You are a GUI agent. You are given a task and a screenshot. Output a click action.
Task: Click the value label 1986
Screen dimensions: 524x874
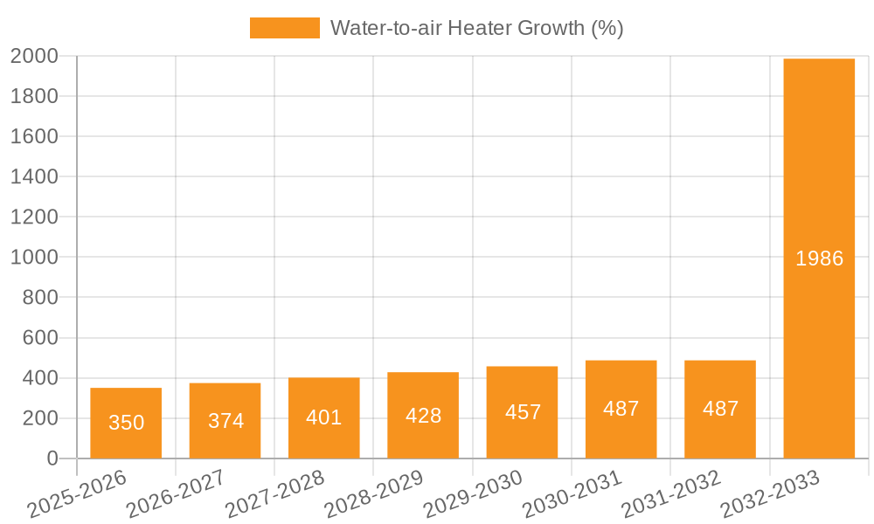tap(819, 259)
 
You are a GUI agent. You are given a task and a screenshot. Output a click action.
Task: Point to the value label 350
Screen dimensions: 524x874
tap(126, 423)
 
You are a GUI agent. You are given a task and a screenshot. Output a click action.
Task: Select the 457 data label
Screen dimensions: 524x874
tap(523, 412)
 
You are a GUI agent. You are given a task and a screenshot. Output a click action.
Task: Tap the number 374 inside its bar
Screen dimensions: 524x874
tap(225, 421)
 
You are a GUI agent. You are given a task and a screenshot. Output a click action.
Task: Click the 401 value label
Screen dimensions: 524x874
tap(324, 417)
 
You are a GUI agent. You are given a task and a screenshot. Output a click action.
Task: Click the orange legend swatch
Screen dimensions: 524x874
tap(285, 28)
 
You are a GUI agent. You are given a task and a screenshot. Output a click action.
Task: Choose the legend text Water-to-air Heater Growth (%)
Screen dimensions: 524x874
tap(476, 28)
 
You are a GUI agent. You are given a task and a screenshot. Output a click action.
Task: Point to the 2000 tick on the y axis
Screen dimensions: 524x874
tap(34, 56)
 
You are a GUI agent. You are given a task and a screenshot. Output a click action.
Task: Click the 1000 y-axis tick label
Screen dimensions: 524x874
tap(34, 258)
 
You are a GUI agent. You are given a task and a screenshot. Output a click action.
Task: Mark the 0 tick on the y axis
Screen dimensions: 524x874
tap(52, 458)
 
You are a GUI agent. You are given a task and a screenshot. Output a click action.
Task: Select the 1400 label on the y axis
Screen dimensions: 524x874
tap(34, 177)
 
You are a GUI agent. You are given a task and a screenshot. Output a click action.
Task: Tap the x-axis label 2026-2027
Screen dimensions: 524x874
tap(176, 494)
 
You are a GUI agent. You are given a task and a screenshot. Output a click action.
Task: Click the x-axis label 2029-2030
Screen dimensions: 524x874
tap(473, 494)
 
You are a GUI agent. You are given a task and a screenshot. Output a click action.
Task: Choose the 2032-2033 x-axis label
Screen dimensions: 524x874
tap(770, 494)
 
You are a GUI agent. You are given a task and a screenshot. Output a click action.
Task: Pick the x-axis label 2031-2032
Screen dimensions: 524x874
tap(671, 494)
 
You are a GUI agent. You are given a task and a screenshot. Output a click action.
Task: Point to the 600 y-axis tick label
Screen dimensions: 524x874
tap(40, 338)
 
